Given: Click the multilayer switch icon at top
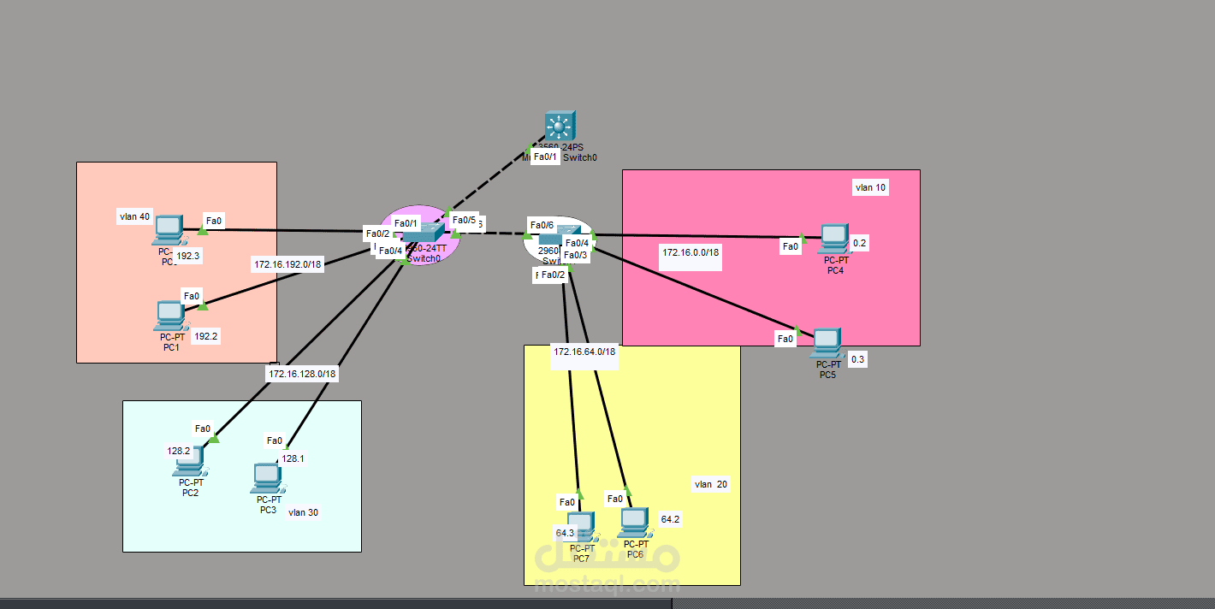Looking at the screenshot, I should point(560,127).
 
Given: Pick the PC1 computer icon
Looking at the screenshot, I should point(169,316).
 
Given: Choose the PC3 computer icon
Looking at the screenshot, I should point(267,477).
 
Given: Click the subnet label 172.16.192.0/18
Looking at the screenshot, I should point(287,264).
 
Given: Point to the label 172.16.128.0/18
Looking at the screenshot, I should point(303,374).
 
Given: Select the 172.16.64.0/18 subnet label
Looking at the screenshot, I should point(584,352).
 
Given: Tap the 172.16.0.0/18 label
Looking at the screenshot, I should point(690,252).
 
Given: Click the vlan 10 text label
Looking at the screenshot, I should point(870,187).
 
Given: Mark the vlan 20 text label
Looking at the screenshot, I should point(711,484).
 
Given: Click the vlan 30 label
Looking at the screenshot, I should point(303,512).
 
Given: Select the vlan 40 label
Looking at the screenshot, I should point(134,216).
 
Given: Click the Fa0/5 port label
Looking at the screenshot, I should point(464,220).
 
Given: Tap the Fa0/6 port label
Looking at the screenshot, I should point(542,225).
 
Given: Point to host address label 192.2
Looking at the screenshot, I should point(206,337).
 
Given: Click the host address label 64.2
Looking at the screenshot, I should point(671,519).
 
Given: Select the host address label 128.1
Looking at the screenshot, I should point(293,458).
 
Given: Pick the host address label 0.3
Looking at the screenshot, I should point(857,360).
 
